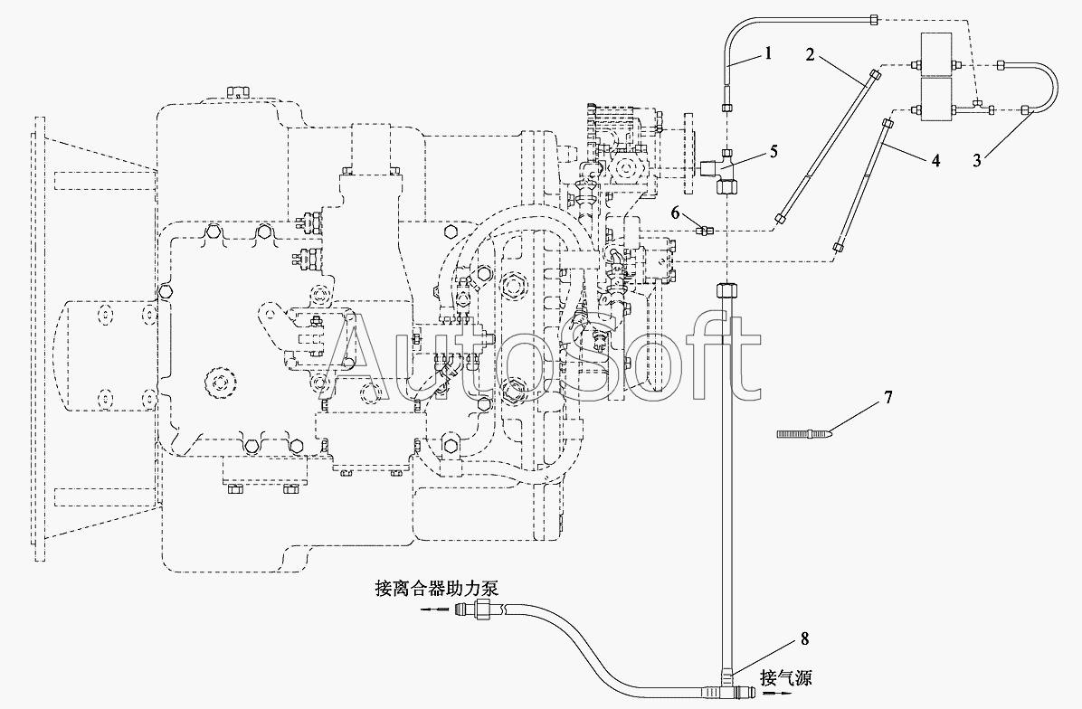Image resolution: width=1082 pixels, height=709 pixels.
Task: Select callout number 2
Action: (x=811, y=54)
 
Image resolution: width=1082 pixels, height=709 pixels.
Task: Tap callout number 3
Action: (x=977, y=161)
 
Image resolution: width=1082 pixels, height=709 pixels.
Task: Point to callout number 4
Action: (x=935, y=161)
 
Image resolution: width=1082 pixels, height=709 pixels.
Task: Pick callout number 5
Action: (x=774, y=151)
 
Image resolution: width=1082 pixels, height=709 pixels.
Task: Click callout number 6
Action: (x=677, y=213)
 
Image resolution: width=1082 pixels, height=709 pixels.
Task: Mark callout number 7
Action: (x=888, y=397)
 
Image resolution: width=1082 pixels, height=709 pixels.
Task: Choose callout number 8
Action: (x=804, y=638)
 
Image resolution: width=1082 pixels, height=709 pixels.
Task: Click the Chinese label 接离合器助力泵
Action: (x=436, y=589)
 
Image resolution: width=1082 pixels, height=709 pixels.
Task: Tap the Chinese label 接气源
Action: (x=786, y=677)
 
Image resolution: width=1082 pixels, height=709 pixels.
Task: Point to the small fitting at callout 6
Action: (x=702, y=231)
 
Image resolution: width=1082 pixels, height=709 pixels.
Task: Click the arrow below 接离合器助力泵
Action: (x=432, y=609)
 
